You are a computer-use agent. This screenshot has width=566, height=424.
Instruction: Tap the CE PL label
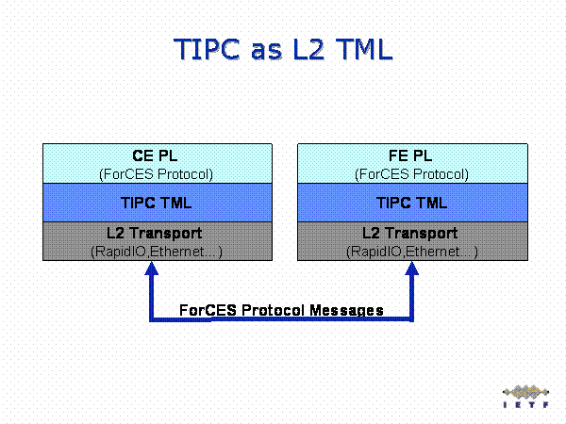point(157,157)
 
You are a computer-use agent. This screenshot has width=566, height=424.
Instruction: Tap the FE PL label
point(412,157)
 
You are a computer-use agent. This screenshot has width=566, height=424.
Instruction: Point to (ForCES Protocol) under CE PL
point(157,173)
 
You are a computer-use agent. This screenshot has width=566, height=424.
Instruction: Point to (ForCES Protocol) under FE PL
point(412,173)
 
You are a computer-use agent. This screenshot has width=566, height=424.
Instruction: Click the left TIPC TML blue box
point(157,203)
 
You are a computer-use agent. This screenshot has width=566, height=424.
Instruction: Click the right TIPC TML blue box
point(412,203)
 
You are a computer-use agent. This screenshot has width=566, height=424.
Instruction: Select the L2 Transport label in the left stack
point(157,233)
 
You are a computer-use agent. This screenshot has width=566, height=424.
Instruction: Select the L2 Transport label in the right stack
point(412,233)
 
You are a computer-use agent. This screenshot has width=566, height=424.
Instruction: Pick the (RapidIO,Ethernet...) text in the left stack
point(157,252)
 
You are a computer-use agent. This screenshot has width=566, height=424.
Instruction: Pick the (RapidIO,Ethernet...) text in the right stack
point(412,252)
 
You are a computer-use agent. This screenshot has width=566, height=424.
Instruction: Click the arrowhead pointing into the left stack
point(149,271)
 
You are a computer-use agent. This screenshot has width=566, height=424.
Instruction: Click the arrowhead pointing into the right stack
point(412,271)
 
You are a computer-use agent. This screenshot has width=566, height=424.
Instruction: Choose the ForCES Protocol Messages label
point(281,309)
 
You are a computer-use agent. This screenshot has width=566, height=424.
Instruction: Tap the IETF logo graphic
point(524,391)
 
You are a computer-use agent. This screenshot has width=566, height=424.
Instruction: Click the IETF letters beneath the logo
point(524,406)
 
